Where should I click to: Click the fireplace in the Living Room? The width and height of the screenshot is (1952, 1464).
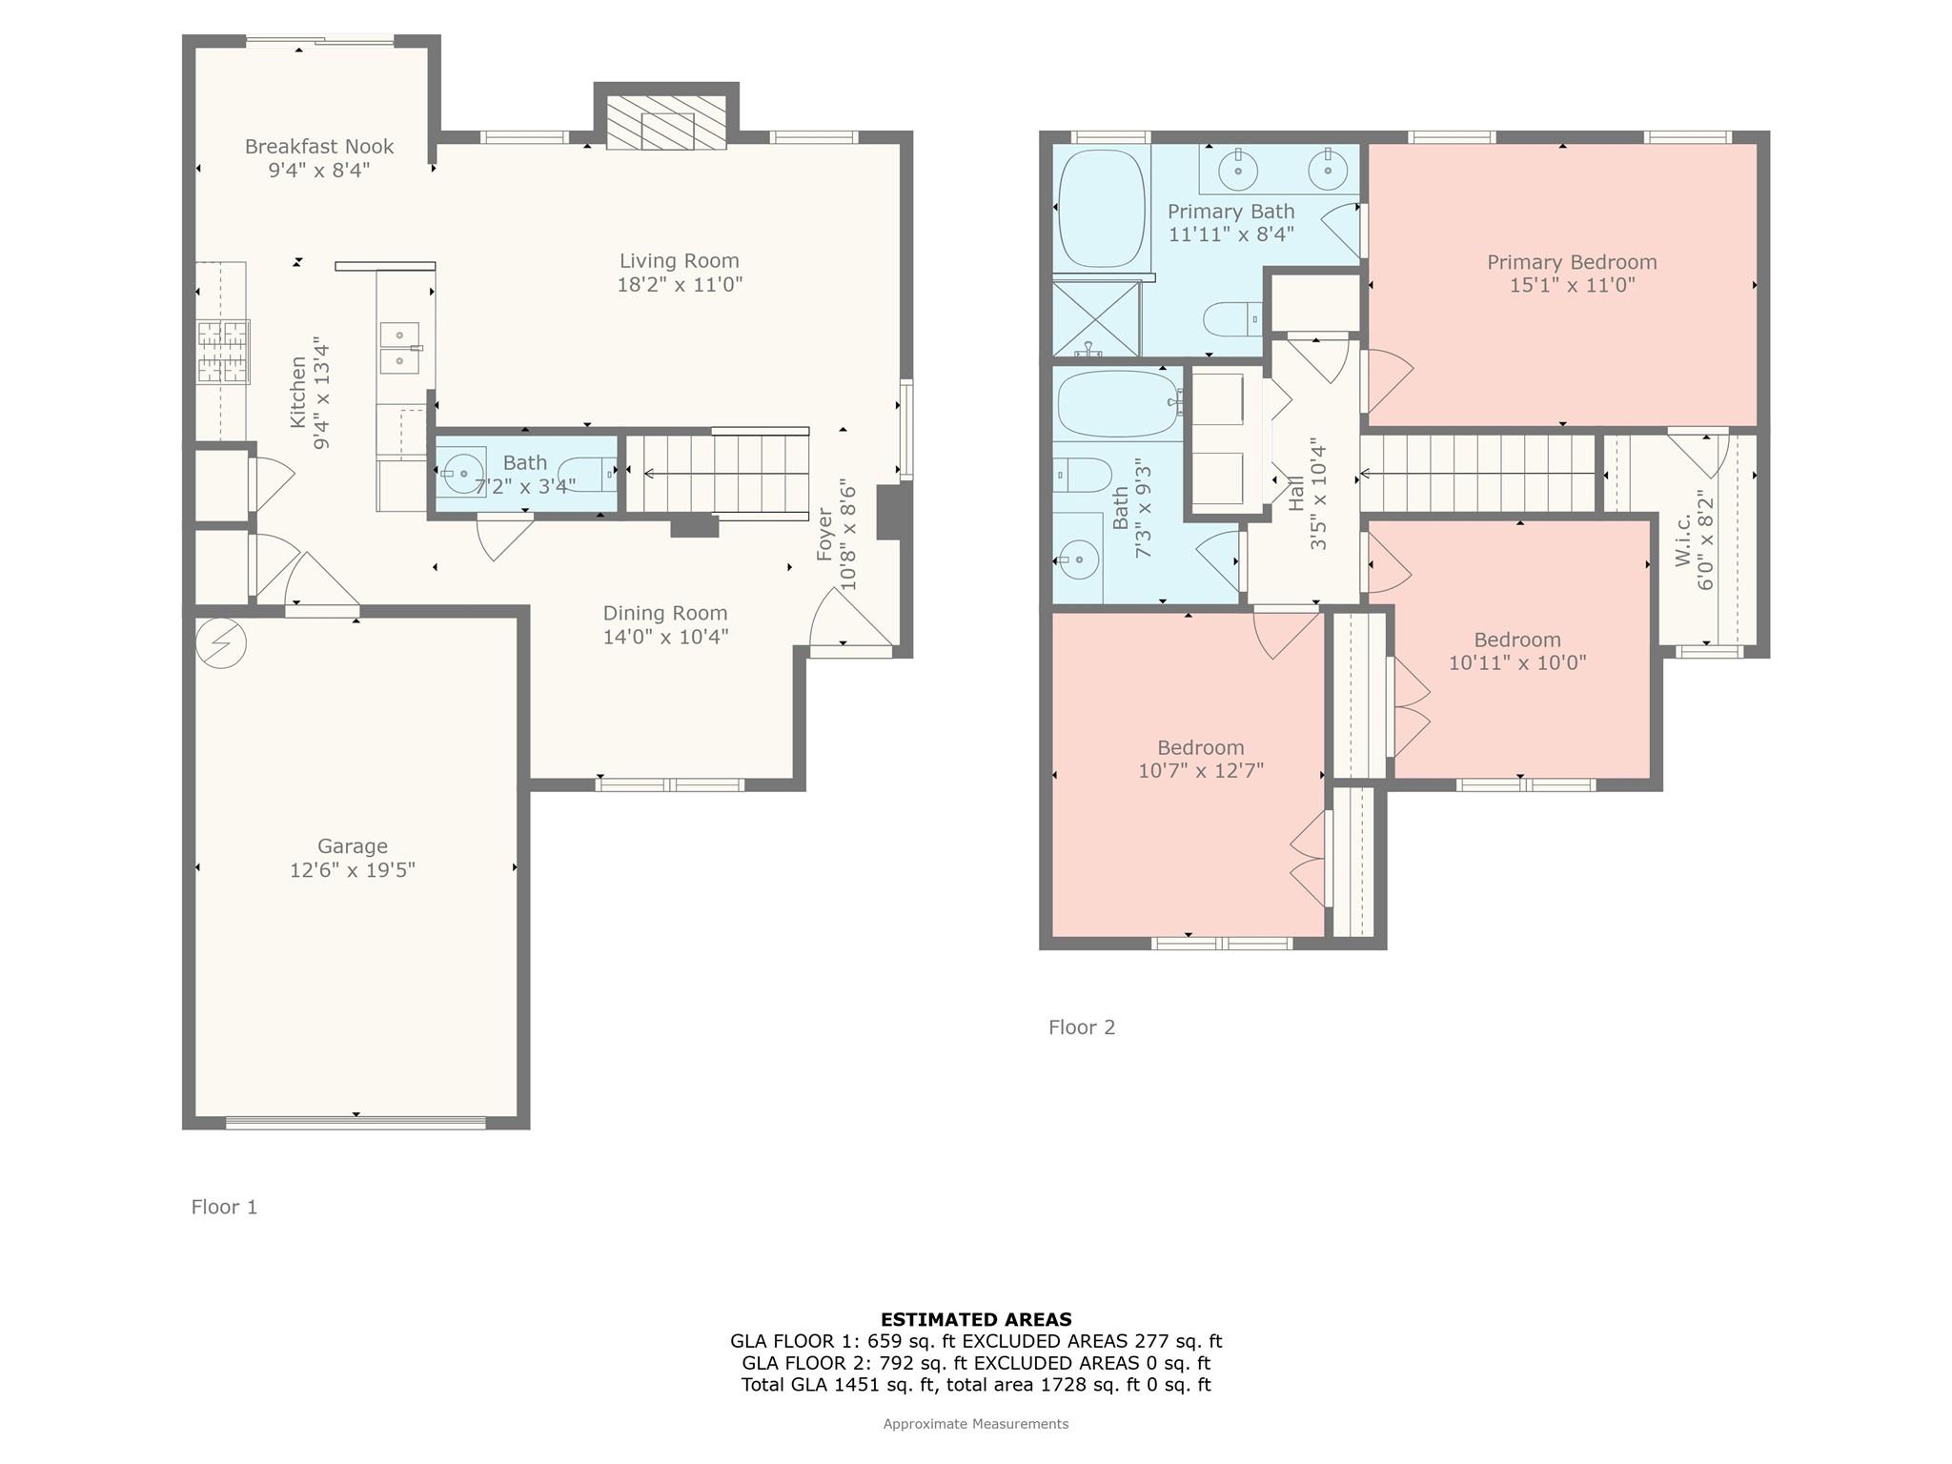666,121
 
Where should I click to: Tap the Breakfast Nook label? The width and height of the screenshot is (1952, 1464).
319,147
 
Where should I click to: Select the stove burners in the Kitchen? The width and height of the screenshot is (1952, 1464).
224,352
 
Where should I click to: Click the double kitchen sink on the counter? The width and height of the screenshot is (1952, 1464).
400,349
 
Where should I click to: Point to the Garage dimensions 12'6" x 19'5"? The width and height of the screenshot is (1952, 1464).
353,870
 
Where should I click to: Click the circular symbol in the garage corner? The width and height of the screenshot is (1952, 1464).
221,643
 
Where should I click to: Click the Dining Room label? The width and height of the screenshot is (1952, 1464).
664,613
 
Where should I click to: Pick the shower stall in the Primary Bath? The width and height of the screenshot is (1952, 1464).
1096,318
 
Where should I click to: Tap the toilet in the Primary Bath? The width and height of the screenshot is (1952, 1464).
1231,319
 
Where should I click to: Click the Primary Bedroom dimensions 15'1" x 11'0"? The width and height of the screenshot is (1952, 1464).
1572,285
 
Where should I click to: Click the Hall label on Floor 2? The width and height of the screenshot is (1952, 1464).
1296,494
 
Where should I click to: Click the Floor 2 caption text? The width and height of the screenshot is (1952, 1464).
1081,1027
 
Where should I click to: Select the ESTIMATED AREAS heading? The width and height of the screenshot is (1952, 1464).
975,1320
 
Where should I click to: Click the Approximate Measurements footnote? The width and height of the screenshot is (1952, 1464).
975,1424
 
